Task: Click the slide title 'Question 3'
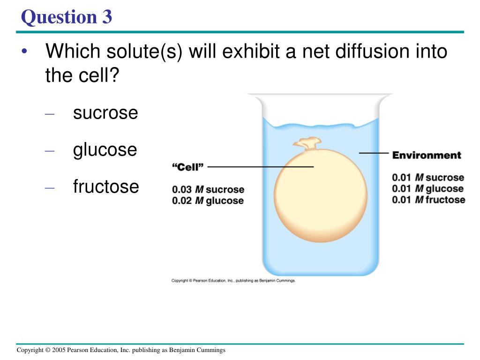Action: tap(67, 17)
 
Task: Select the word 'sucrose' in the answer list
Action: tap(105, 113)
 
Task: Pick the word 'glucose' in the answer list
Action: tap(105, 150)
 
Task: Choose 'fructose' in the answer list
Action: tap(106, 187)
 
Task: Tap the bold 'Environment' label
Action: tap(427, 155)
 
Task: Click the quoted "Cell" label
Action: tap(187, 166)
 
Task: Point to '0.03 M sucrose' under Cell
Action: tap(208, 190)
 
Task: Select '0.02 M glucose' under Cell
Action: tap(208, 201)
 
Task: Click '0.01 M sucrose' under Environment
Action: tap(428, 178)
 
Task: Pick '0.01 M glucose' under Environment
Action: tap(428, 189)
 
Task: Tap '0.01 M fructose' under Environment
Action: tap(428, 200)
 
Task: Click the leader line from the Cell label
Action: tap(260, 166)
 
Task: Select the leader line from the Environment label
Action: tap(374, 153)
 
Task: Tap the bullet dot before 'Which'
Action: tap(24, 51)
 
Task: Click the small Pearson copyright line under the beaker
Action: tap(233, 281)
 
